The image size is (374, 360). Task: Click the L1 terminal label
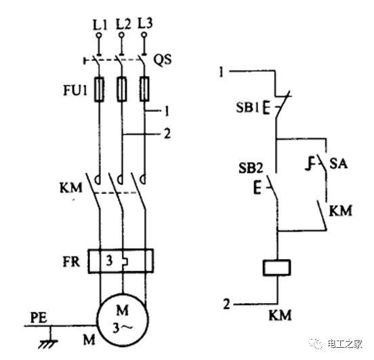click(100, 25)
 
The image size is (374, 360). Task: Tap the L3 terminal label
click(145, 24)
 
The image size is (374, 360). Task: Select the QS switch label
click(163, 59)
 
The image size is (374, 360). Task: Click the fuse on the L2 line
click(122, 89)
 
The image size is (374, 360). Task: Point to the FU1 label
click(75, 90)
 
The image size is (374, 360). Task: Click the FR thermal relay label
click(71, 262)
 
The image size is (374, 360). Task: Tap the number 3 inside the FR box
click(109, 261)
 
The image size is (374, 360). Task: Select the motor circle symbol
click(123, 319)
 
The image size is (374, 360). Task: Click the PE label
click(39, 318)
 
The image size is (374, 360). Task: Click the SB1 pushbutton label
click(247, 107)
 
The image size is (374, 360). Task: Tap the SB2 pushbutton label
click(251, 168)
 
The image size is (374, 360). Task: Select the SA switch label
click(338, 164)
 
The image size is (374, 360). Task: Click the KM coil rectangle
click(276, 268)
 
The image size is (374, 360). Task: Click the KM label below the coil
click(280, 315)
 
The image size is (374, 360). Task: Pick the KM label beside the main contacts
click(71, 188)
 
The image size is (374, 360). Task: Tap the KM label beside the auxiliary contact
click(340, 211)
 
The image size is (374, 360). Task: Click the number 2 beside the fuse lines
click(167, 134)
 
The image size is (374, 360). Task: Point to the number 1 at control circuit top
click(222, 72)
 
